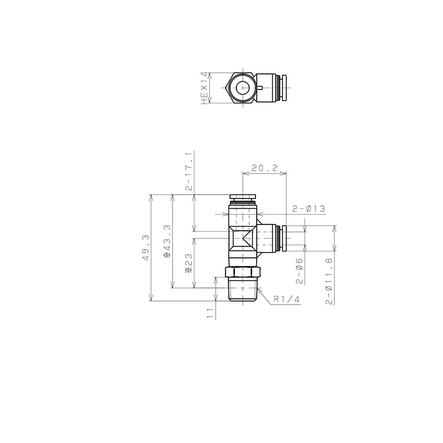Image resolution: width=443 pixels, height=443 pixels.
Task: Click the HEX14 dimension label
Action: pos(205,88)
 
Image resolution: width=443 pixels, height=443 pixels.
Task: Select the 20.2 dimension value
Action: pos(264,168)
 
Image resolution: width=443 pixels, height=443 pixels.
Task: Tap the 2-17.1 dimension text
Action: pos(189,171)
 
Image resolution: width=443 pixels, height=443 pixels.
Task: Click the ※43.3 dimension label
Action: pos(167,241)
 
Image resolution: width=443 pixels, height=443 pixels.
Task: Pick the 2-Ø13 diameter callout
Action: pos(309,209)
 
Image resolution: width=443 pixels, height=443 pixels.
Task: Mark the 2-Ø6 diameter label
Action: pos(299,271)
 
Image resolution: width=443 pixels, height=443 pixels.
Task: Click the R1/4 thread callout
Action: pos(286,299)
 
